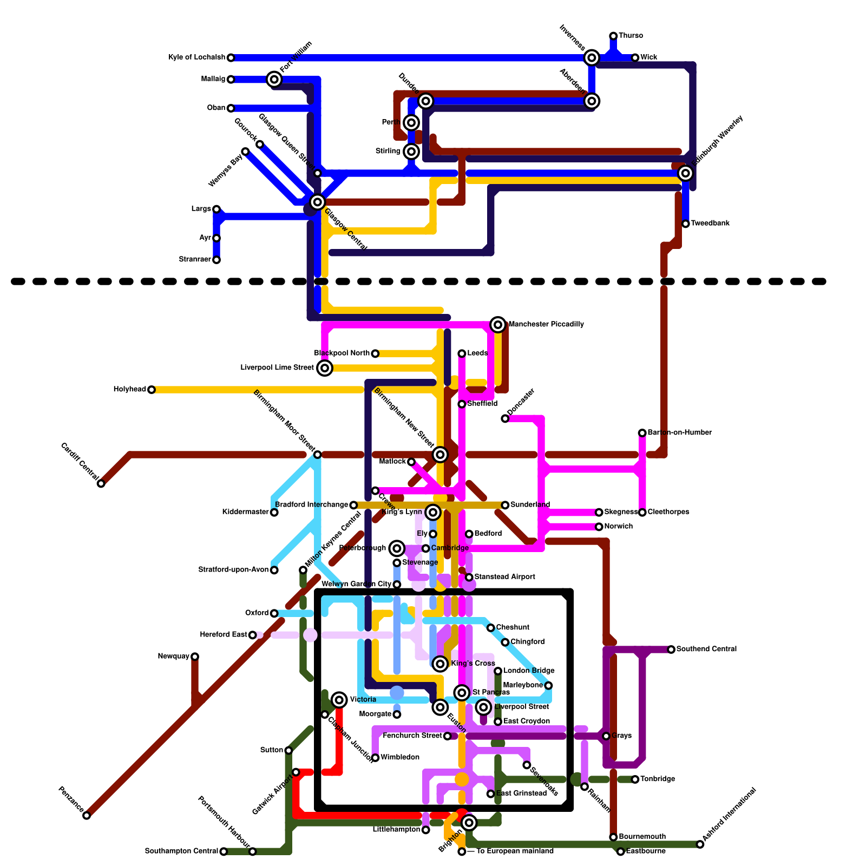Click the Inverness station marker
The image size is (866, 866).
592,57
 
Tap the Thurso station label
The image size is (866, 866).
631,36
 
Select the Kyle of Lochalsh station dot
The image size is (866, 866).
231,57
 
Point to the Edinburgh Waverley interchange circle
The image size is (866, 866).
685,173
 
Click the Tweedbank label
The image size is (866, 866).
710,224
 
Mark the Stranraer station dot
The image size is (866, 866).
216,260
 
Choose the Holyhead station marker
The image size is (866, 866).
152,390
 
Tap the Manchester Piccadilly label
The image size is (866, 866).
546,325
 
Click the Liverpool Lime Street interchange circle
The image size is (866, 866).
325,368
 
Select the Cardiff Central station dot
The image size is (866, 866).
101,483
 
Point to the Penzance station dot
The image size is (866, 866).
87,816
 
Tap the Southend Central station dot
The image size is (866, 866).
671,649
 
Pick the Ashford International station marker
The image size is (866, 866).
700,844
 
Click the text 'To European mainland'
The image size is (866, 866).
514,851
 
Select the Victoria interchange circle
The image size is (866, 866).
339,700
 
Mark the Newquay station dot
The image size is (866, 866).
195,657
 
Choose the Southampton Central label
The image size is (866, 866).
181,851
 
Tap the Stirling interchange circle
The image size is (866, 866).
411,152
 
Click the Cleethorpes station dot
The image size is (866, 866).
642,512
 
